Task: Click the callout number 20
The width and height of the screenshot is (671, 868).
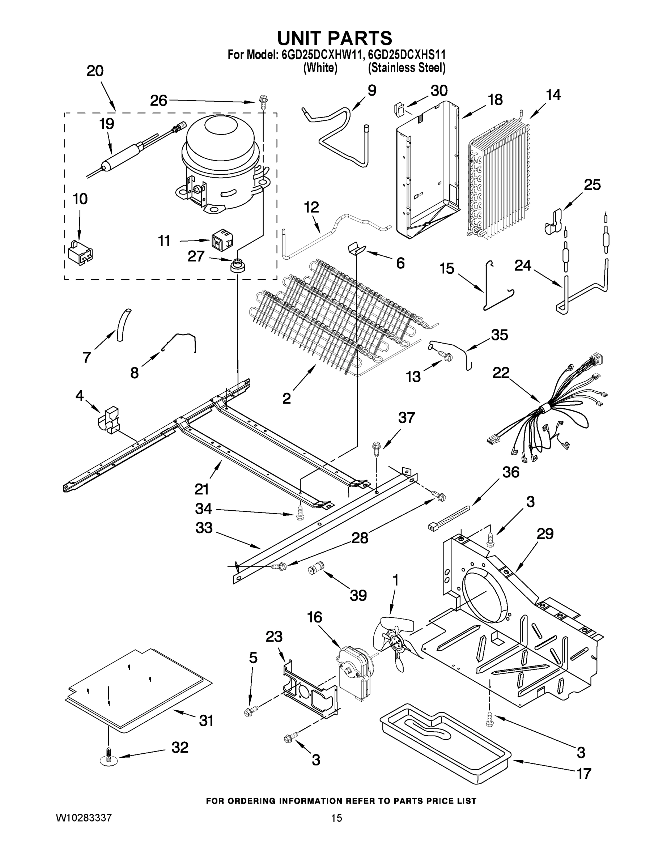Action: pos(95,71)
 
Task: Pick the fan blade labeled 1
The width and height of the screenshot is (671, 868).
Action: pos(394,642)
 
